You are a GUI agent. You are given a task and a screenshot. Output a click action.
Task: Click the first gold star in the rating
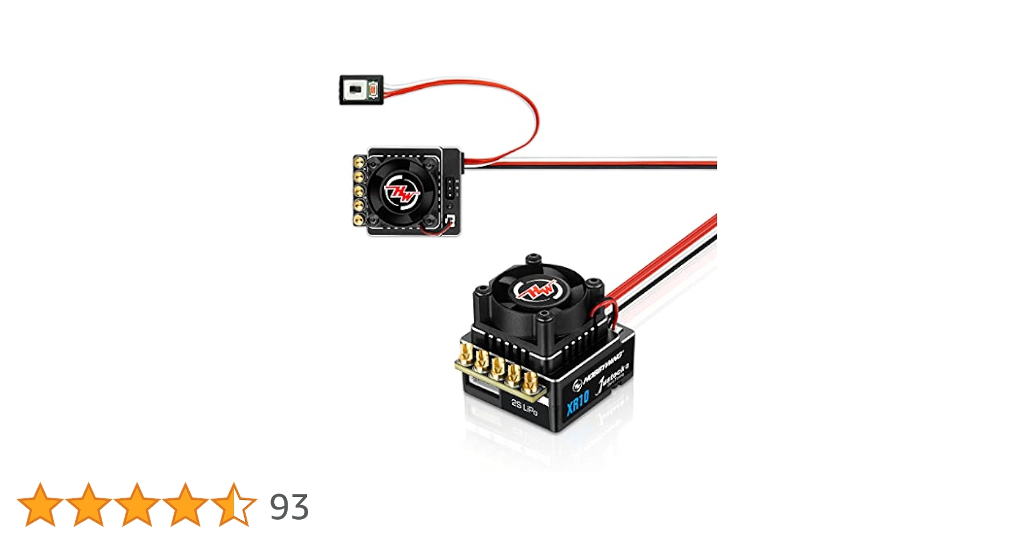[x=40, y=504]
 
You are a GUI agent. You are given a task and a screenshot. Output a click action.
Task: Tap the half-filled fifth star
[x=233, y=504]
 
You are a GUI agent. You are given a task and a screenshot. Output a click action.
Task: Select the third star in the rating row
[x=137, y=504]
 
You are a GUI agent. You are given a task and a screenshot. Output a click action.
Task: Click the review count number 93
[x=289, y=507]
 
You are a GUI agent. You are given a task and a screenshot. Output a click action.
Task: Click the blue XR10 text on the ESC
[x=578, y=402]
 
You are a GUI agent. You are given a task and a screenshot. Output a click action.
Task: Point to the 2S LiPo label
[x=524, y=407]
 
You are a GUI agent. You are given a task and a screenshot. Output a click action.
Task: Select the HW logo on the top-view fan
[x=401, y=191]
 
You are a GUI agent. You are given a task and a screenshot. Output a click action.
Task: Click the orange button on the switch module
[x=373, y=90]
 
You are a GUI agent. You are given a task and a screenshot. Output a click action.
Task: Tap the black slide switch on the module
[x=355, y=89]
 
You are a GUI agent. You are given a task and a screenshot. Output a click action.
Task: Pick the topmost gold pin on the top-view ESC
[x=359, y=161]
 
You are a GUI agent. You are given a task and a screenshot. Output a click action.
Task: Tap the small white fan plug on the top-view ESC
[x=451, y=221]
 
